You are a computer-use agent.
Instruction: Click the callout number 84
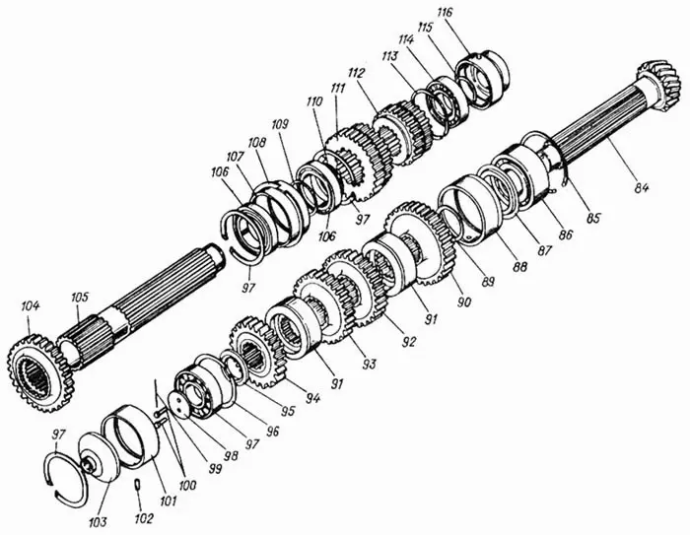point(641,188)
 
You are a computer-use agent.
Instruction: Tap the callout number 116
point(445,13)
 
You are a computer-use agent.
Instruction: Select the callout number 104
point(30,305)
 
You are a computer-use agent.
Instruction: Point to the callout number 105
point(80,297)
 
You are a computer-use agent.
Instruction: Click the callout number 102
point(144,518)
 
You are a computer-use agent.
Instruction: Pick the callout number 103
point(98,522)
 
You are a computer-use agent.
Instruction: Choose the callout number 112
point(357,73)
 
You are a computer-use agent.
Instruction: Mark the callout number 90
point(464,301)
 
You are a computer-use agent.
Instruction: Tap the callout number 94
point(313,398)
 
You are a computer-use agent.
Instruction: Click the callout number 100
point(187,486)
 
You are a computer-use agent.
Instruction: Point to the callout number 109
point(280,124)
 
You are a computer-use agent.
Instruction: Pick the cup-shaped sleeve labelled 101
point(131,435)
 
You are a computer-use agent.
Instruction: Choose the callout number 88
point(519,266)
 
